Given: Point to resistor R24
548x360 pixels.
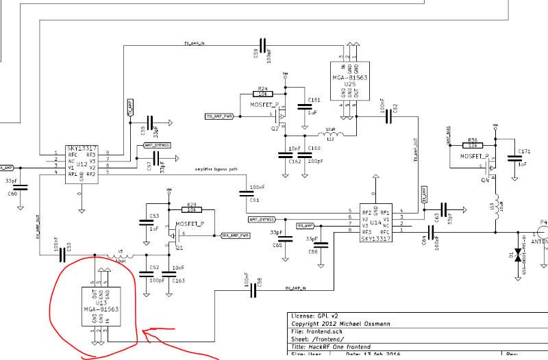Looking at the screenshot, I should tap(263, 94).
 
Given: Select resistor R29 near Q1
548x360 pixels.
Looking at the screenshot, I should tap(192, 210).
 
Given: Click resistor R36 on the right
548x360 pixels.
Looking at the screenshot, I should tap(473, 145).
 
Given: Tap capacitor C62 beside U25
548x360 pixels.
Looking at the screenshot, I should tap(388, 117).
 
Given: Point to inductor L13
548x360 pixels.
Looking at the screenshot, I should tap(498, 207).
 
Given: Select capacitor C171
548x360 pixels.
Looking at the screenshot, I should tap(512, 158).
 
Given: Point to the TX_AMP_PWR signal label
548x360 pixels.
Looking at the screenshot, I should tap(219, 116).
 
